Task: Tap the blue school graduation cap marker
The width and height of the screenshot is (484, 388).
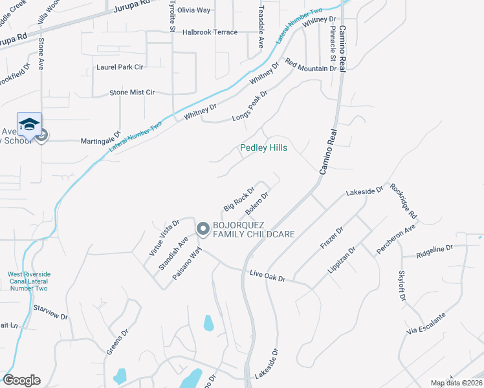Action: [x=29, y=124]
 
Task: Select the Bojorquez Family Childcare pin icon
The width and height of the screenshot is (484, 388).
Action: [x=203, y=229]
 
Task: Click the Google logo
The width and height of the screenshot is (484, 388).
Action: [x=21, y=380]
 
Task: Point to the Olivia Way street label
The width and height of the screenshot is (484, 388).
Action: [x=194, y=10]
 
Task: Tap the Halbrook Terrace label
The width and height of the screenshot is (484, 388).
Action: [x=210, y=32]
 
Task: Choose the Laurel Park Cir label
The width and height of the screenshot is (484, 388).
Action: [x=119, y=67]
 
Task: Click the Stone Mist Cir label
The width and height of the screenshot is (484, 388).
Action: [x=132, y=92]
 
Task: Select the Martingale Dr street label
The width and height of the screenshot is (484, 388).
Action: [x=100, y=140]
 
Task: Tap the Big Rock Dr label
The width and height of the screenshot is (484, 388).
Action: [x=239, y=199]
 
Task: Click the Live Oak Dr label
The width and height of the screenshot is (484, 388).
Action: [x=268, y=277]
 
